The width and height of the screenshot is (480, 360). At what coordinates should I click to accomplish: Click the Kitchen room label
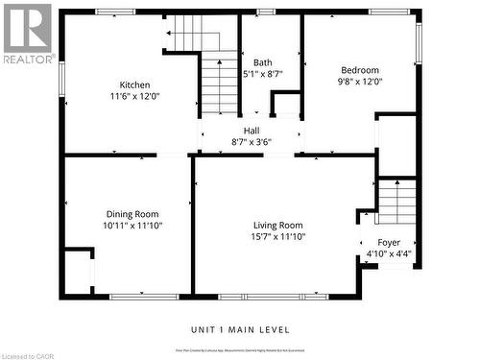click(134, 84)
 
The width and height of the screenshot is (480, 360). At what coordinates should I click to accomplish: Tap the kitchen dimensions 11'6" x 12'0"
click(134, 96)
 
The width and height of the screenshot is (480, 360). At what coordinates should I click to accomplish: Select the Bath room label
click(262, 62)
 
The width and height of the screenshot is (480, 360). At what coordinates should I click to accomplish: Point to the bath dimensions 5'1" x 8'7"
click(262, 74)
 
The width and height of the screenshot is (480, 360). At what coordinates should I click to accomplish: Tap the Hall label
click(252, 131)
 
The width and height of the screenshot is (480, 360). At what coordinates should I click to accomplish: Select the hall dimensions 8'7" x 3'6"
click(252, 142)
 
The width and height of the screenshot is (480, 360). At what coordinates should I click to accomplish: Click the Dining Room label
click(132, 214)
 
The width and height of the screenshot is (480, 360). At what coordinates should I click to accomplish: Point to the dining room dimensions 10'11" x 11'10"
click(132, 226)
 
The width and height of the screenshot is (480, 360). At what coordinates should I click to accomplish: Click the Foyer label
click(389, 243)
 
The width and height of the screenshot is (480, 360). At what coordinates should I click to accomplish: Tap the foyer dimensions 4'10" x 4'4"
click(389, 254)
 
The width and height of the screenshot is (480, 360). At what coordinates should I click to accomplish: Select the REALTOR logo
click(27, 34)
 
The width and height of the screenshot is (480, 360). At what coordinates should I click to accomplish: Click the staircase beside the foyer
click(396, 203)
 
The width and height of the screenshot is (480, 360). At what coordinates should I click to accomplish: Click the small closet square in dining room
click(77, 268)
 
